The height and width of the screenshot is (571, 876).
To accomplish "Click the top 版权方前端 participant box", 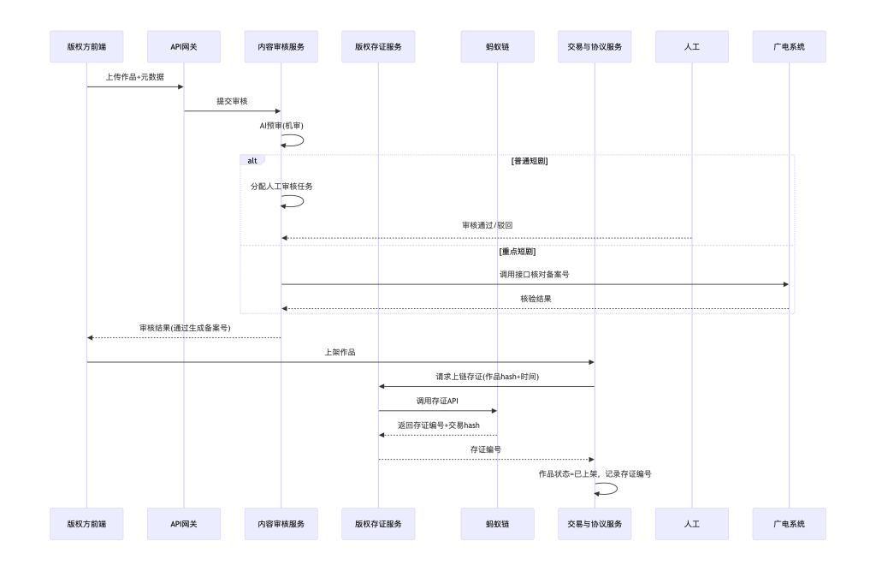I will click(x=86, y=46).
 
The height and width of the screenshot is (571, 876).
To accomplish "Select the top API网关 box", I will click(x=184, y=46).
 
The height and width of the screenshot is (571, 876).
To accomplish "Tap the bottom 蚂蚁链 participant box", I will click(x=497, y=524).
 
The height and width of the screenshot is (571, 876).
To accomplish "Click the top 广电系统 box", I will click(x=790, y=46).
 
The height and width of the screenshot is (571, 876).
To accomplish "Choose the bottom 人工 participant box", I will click(x=692, y=524).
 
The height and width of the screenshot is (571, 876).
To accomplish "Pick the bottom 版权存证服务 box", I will click(x=378, y=524).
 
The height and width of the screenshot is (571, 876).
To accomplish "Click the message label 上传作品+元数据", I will click(x=135, y=77).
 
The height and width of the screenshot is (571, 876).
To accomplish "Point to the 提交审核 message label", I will click(x=232, y=101).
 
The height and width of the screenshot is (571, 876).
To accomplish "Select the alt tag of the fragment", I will click(x=252, y=160).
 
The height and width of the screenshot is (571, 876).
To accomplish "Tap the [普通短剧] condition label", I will click(x=530, y=160).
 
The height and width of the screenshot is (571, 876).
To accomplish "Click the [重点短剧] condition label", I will click(x=517, y=252).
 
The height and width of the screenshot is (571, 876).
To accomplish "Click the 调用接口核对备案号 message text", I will click(x=535, y=275).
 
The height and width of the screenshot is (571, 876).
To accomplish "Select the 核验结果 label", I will click(x=535, y=299).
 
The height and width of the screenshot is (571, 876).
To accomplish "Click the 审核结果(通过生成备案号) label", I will click(x=184, y=328).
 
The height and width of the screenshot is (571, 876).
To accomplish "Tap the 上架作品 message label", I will click(x=340, y=352).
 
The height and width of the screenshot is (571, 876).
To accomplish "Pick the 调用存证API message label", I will click(x=437, y=401).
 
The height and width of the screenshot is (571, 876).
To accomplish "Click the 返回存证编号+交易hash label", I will click(x=437, y=425).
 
